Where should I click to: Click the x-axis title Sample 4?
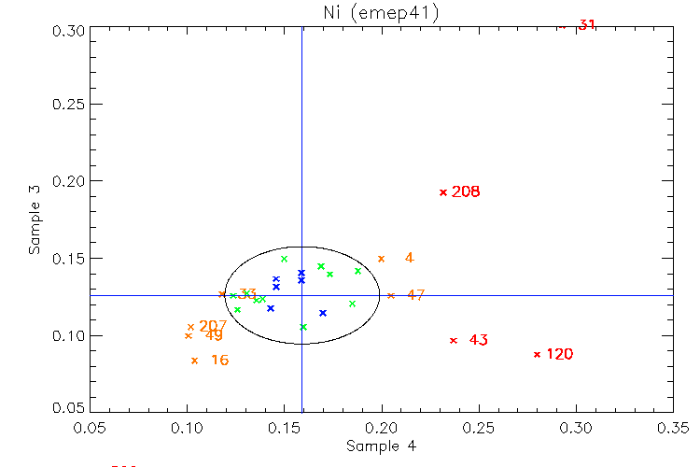click(381, 446)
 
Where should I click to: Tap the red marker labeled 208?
click(443, 192)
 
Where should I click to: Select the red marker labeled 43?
click(454, 340)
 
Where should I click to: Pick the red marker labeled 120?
click(537, 354)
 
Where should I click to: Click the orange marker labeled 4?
click(381, 259)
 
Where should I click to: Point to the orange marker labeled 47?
click(391, 295)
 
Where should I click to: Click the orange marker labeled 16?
click(194, 361)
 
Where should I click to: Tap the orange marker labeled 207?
click(190, 327)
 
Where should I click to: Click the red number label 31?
click(586, 24)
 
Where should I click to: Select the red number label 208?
click(466, 192)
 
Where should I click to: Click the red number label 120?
click(560, 354)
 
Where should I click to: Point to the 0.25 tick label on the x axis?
click(479, 428)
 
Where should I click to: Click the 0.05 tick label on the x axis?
click(91, 428)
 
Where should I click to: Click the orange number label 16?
click(219, 361)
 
